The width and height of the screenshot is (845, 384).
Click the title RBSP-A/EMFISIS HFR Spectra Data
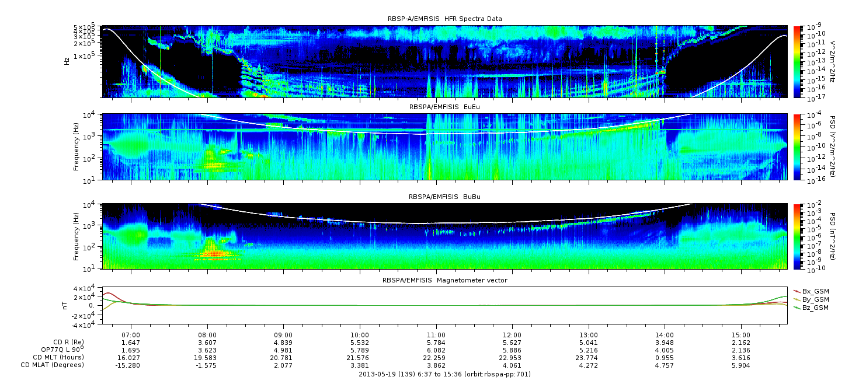(x=445, y=19)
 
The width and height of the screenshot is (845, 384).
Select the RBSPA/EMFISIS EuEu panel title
(x=445, y=107)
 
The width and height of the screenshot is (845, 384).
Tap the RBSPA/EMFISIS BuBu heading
(x=445, y=197)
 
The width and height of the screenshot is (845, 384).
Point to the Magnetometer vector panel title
(x=445, y=280)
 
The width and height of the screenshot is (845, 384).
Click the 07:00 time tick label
(x=131, y=336)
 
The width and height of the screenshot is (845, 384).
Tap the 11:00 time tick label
(x=436, y=336)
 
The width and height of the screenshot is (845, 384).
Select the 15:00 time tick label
(x=741, y=336)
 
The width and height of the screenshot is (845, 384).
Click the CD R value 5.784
(x=436, y=343)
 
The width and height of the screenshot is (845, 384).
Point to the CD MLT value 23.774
(x=589, y=358)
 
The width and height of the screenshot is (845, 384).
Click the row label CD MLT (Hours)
(x=58, y=358)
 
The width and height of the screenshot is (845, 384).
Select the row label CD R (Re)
(x=69, y=343)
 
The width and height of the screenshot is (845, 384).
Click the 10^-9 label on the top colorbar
(x=815, y=27)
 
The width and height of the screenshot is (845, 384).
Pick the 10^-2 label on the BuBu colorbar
(x=815, y=205)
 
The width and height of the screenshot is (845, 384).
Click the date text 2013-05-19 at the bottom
(x=375, y=375)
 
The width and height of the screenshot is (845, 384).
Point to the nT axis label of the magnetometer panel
(x=65, y=305)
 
